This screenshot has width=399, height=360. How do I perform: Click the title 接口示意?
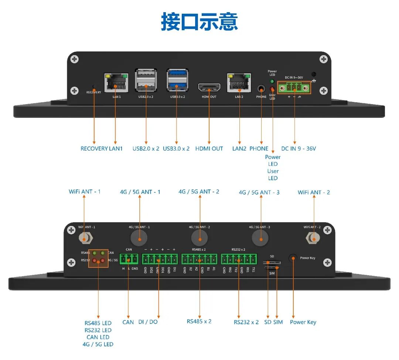click(x=199, y=21)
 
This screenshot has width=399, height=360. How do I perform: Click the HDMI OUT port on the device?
click(x=209, y=88)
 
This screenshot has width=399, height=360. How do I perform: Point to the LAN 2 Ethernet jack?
click(x=239, y=83)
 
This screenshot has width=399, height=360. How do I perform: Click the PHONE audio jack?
click(x=261, y=89)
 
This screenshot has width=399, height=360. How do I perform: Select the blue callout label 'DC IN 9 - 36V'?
click(x=299, y=149)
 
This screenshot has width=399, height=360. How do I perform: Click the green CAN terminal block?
click(x=129, y=259)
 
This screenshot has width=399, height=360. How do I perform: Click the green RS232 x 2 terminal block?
click(x=239, y=259)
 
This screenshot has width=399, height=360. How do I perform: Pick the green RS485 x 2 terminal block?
click(x=199, y=259)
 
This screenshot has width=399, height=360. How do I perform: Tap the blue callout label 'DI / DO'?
click(x=148, y=322)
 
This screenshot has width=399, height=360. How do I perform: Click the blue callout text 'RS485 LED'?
click(x=98, y=323)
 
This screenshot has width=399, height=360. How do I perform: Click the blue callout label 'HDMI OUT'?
click(x=209, y=149)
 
